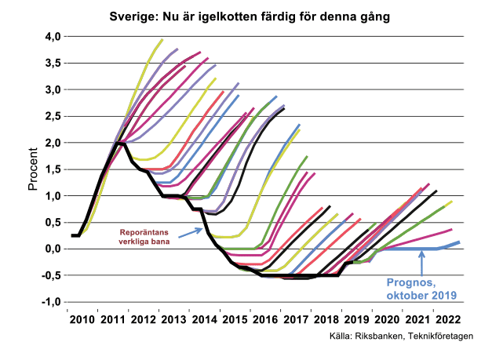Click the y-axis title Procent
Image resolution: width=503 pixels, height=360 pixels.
[x=33, y=169]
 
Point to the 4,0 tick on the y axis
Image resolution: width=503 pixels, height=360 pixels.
[x=52, y=37]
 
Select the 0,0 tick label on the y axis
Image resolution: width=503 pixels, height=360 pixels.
[x=52, y=249]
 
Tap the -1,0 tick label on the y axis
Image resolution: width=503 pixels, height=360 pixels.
[x=50, y=302]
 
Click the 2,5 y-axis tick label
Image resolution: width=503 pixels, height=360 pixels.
[x=52, y=116]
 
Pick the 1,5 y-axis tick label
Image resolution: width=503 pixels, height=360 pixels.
[x=52, y=169]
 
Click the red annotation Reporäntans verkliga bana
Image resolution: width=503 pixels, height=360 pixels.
[x=145, y=237]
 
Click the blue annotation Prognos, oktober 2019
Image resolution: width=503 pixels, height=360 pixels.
[x=422, y=289]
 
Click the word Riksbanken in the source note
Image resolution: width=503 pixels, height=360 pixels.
[x=376, y=338]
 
